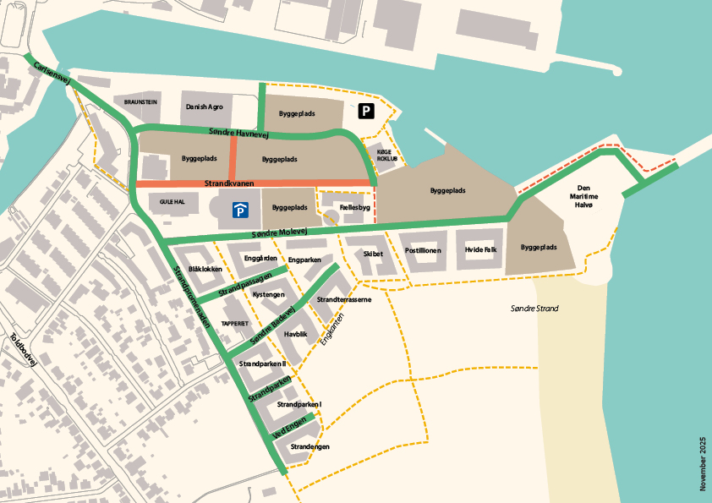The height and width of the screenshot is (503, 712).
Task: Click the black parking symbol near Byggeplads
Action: (365, 111)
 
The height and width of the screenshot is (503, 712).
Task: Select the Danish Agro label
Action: (203, 108)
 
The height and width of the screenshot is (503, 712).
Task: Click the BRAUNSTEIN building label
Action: (140, 101)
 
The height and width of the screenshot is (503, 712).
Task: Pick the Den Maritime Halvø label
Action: (589, 195)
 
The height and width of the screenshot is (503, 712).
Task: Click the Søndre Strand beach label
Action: (534, 309)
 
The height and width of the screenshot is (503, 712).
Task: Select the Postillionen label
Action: (422, 250)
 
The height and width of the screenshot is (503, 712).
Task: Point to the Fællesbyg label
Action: (354, 207)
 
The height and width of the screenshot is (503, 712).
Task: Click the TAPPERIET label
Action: (234, 324)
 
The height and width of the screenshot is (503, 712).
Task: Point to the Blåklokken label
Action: (205, 269)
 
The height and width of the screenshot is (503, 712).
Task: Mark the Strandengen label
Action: (309, 446)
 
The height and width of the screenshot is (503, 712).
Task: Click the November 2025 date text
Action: (702, 463)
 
